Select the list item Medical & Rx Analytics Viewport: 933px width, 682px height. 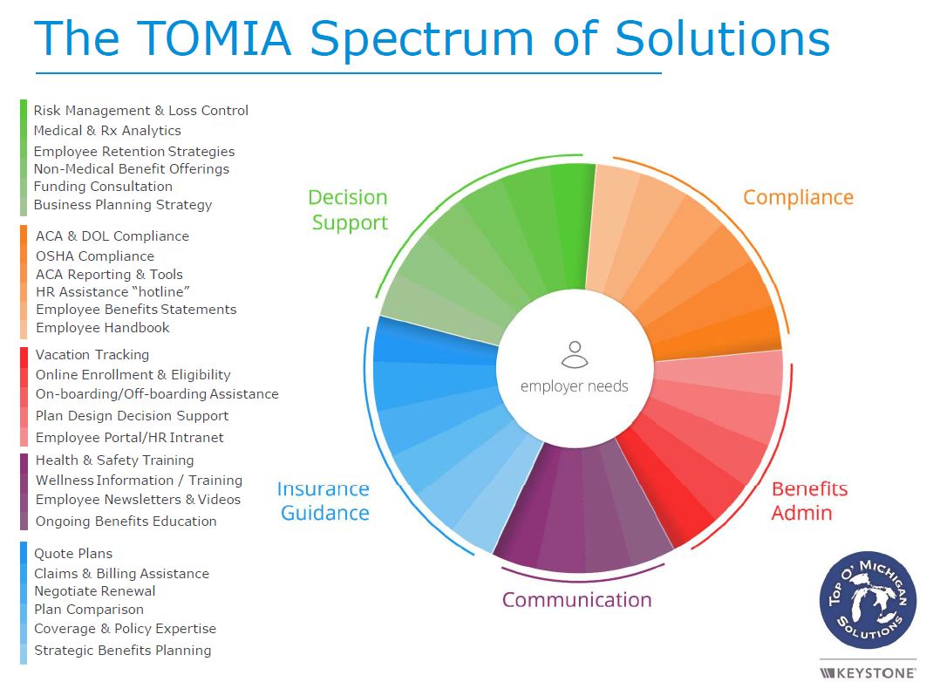[107, 131]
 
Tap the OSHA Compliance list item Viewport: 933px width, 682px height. [95, 256]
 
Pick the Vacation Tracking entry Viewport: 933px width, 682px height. [92, 355]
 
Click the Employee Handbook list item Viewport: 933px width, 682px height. [103, 328]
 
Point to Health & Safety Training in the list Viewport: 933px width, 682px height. [114, 460]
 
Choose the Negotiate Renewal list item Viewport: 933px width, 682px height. [95, 591]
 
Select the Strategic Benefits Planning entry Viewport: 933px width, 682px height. [122, 651]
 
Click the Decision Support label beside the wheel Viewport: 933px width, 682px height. [348, 210]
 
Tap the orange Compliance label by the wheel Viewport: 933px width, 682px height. [798, 198]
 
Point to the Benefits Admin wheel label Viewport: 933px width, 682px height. [809, 501]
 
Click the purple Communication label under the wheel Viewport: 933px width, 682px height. [576, 600]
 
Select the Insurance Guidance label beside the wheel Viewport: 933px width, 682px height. [323, 501]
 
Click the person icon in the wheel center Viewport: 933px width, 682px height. [574, 354]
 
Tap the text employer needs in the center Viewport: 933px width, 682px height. [574, 385]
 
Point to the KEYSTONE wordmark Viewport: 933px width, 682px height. [868, 672]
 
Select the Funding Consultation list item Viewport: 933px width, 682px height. [103, 187]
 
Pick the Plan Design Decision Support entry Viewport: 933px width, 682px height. [132, 416]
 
